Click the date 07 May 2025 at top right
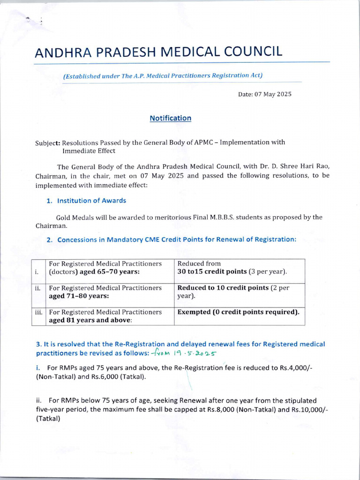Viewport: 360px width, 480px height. [x=272, y=94]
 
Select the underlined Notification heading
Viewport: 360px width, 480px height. [x=170, y=118]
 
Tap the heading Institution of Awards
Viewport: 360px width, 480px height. [x=91, y=201]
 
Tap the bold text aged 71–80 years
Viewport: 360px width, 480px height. [x=79, y=296]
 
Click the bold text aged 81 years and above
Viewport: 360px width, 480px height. [x=90, y=320]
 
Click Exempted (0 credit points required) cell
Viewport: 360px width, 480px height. [x=238, y=312]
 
